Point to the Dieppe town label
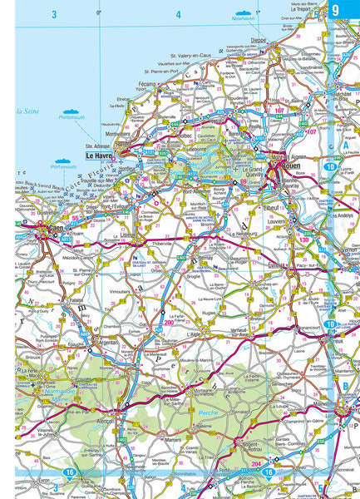tap(259, 39)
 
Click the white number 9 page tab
tap(336, 11)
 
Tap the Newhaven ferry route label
tap(243, 17)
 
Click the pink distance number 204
tap(256, 463)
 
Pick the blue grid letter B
tap(344, 386)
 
